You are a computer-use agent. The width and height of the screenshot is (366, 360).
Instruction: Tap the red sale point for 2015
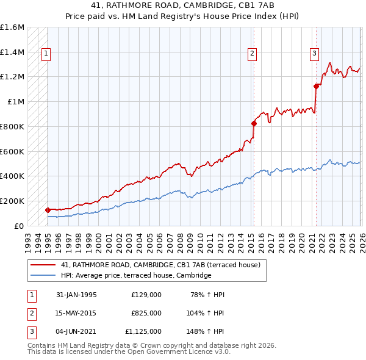coord(254,123)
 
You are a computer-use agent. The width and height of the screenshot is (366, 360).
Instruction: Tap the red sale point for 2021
coord(316,86)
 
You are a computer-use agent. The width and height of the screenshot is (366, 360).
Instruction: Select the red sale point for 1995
coord(48,210)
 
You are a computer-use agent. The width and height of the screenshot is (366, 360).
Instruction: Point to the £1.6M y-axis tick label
coord(12,27)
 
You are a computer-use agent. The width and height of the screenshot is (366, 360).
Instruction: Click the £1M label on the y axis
coord(16,102)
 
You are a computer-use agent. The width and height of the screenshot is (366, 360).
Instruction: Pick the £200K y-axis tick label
coord(12,201)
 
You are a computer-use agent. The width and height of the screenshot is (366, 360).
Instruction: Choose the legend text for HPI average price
coord(136,275)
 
